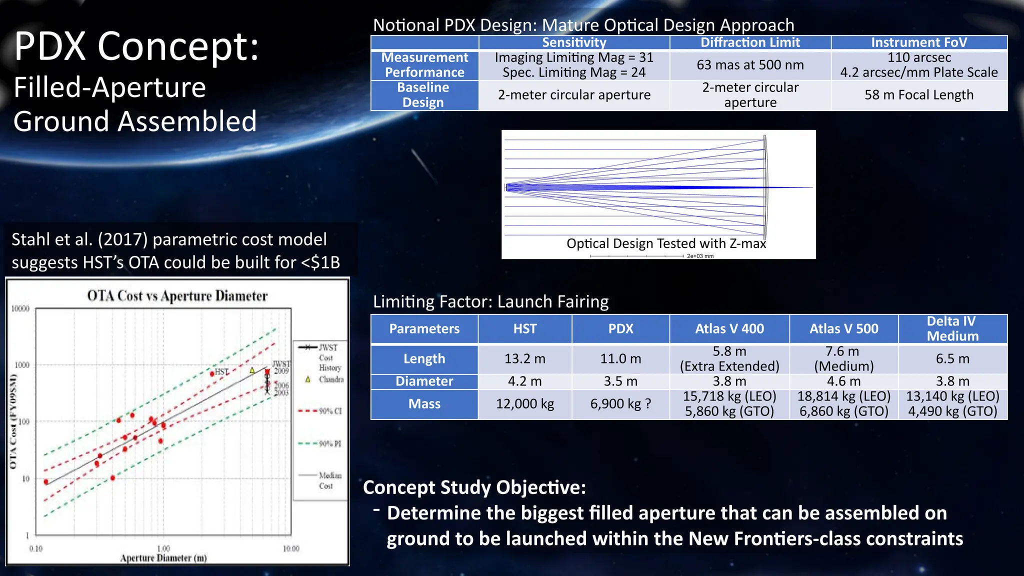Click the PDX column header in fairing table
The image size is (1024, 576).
point(620,329)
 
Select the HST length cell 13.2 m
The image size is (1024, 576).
point(524,359)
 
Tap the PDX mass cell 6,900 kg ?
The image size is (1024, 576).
point(620,404)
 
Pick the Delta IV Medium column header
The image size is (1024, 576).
point(952,328)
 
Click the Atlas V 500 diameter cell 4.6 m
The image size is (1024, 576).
point(843,381)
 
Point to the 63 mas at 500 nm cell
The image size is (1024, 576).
point(750,65)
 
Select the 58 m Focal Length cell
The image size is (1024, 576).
point(918,95)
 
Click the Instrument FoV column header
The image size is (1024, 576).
point(918,42)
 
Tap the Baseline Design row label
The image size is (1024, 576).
point(423,95)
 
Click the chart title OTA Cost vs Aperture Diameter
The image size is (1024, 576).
point(177,296)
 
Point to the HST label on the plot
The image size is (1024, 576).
point(221,372)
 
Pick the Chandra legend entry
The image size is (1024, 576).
point(330,379)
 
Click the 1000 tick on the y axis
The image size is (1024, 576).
point(22,365)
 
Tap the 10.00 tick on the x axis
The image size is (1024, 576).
point(291,549)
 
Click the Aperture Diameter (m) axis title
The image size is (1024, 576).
point(163,558)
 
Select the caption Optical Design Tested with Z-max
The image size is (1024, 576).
point(666,243)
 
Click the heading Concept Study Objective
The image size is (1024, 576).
point(474,487)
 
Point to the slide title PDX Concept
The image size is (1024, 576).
point(136,46)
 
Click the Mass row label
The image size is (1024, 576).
point(424,404)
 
